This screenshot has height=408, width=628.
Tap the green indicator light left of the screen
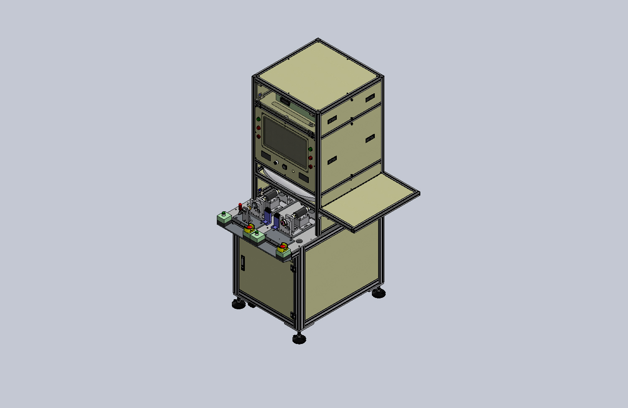point(258,119)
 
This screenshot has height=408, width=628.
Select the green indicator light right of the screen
point(310,149)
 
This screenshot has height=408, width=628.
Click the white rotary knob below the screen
point(276,162)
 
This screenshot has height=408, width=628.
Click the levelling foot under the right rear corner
point(379,293)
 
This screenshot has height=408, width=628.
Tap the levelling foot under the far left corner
point(239,304)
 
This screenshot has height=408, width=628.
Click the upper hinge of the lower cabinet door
point(293,268)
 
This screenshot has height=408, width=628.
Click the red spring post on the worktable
point(240,206)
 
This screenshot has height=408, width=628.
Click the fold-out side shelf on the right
point(372,200)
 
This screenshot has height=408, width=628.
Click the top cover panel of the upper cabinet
point(318,75)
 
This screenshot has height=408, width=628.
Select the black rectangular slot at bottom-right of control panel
point(303,177)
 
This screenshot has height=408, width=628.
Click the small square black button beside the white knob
point(284,167)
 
